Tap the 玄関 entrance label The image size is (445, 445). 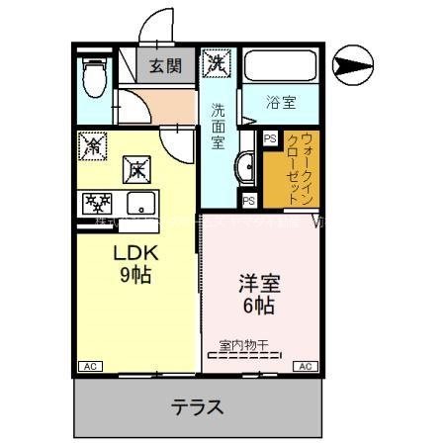coord(165,66)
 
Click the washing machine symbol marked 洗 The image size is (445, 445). coord(216,64)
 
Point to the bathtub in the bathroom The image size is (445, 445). coord(279,66)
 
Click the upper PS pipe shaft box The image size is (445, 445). coord(269,138)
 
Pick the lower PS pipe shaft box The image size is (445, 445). coord(249,200)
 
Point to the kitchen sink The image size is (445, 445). coord(140,206)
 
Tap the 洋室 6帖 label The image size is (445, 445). coord(258,295)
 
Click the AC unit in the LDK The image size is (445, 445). coord(88,366)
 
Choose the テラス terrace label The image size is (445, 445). coord(197,405)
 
